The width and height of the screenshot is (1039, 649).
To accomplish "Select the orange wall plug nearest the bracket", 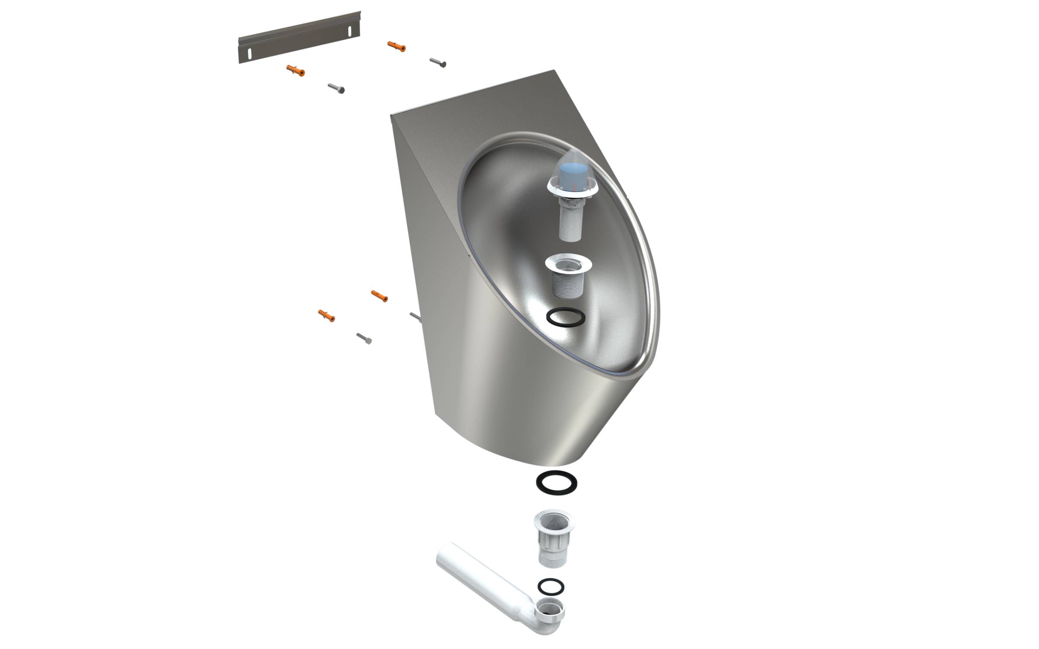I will (295, 70).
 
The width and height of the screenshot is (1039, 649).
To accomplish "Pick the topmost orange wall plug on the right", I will (397, 47).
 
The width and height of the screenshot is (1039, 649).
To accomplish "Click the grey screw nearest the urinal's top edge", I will (438, 63).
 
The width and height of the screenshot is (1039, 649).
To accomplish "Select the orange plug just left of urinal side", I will (379, 296).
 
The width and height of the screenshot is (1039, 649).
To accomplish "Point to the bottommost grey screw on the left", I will (364, 338).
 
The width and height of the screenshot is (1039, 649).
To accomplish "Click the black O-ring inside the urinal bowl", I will (566, 318).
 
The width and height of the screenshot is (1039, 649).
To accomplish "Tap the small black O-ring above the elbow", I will (551, 587).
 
